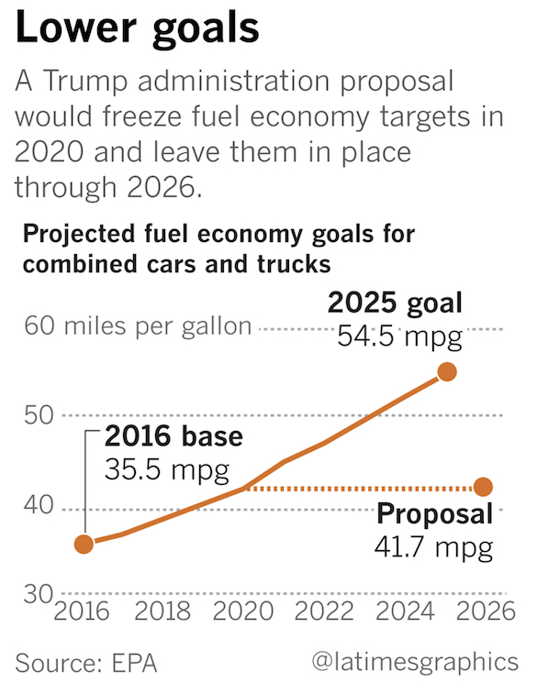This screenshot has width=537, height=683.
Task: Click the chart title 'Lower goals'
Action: [138, 29]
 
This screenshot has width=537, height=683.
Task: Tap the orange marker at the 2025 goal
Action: [447, 371]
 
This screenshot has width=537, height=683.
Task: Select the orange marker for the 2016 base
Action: [84, 545]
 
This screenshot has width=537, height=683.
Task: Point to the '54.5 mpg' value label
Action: [397, 336]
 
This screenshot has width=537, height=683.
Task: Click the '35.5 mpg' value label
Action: [166, 470]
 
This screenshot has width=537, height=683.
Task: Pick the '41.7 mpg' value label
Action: [433, 547]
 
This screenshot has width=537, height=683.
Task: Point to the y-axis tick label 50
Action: [34, 415]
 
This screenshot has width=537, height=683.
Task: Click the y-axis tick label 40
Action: [34, 507]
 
